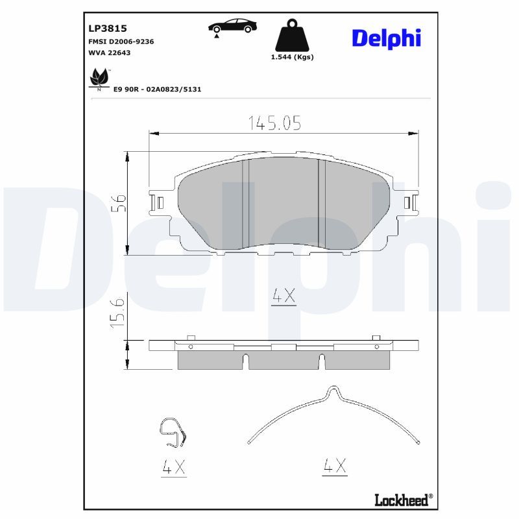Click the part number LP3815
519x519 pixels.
coord(108,29)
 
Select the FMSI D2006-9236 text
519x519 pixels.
coord(121,42)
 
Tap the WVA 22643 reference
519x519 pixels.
coord(110,53)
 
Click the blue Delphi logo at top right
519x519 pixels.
coord(386,38)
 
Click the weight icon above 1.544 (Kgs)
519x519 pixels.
coord(292,35)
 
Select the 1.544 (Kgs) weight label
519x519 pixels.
coord(293,57)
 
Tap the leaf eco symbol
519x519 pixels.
coord(99,78)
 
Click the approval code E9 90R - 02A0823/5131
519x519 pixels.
coord(157,90)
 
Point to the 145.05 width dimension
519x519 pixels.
coord(274,123)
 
